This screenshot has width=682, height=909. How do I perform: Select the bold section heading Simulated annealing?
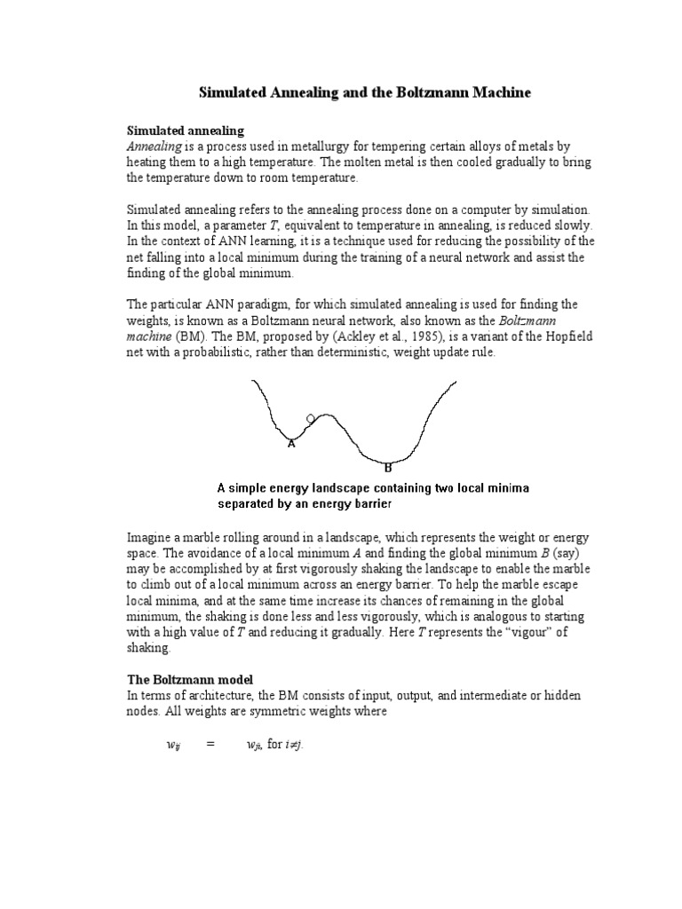(x=186, y=130)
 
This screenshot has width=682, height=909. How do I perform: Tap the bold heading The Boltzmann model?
(x=188, y=679)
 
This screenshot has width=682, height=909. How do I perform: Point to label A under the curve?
(x=290, y=444)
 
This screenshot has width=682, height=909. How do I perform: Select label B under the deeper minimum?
(x=387, y=467)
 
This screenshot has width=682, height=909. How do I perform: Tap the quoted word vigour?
(x=480, y=633)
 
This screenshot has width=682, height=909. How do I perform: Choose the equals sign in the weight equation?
(x=210, y=746)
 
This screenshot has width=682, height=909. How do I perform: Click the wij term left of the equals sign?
(x=173, y=747)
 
